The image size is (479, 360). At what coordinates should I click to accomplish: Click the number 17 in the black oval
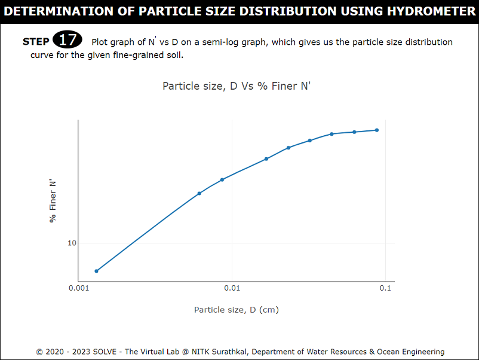point(67,41)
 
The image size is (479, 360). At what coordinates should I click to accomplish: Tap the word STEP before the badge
point(36,42)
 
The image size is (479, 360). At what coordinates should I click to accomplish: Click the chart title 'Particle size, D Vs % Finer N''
point(237,86)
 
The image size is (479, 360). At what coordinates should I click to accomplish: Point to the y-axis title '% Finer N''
point(53,201)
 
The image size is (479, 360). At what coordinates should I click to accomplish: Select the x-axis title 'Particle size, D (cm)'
point(237,310)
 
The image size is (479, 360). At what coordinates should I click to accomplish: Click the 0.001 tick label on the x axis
point(79,288)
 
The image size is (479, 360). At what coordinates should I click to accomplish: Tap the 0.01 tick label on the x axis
point(232,288)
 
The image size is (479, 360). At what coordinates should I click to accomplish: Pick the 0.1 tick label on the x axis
point(385,288)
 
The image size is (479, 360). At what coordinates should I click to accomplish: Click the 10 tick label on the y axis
point(72,243)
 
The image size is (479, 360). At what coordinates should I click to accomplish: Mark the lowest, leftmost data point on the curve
point(96,271)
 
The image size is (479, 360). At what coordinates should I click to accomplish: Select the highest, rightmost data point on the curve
point(377,130)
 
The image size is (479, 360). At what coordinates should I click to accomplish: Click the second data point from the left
point(199,193)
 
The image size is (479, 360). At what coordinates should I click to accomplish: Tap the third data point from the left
point(222,179)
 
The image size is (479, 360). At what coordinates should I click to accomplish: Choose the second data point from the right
point(354,132)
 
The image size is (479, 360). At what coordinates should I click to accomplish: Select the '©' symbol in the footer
point(39,352)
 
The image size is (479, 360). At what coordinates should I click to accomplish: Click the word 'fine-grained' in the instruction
point(125,56)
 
